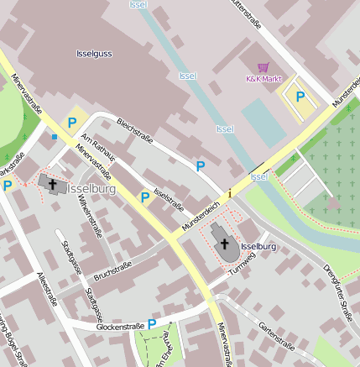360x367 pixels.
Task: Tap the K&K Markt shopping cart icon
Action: [263, 67]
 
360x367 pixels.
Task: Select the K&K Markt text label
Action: [262, 79]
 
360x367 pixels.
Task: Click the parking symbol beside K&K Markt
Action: [300, 96]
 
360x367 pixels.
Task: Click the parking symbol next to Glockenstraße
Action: [152, 323]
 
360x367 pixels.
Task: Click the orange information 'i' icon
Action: [229, 194]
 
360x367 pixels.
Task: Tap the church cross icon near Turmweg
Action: [224, 244]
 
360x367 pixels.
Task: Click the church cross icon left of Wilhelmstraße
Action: [52, 183]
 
